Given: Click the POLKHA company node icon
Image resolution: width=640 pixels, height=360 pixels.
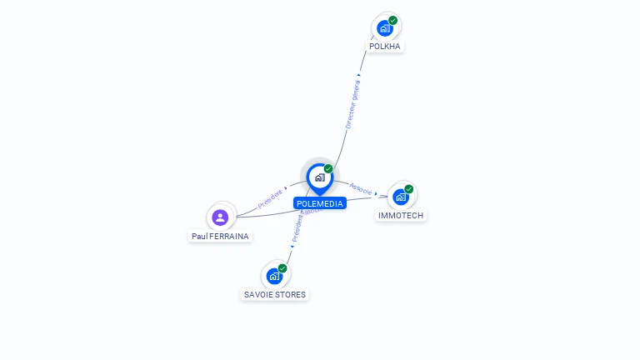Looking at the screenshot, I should [x=385, y=28].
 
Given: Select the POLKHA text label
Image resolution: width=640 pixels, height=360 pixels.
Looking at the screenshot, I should [x=386, y=47].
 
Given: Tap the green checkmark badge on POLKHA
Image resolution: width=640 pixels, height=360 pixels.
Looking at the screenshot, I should [x=393, y=21].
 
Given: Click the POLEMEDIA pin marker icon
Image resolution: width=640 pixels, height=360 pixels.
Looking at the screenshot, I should [x=319, y=177].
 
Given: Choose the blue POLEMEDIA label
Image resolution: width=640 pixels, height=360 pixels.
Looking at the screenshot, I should [x=319, y=203].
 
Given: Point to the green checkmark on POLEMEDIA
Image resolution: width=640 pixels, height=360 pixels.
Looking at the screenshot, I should [x=328, y=169].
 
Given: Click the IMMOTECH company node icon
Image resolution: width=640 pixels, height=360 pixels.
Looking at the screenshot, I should [x=401, y=197].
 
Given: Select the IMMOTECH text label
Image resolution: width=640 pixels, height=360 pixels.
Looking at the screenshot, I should [x=401, y=216].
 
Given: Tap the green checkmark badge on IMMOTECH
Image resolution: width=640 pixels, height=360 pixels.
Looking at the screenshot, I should [x=409, y=189].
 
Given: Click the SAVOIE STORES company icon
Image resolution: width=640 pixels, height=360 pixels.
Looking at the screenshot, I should [x=274, y=276].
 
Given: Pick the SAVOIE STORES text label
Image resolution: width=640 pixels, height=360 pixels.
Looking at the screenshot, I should [x=275, y=295].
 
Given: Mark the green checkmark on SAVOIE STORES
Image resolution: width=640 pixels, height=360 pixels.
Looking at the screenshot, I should [x=282, y=268].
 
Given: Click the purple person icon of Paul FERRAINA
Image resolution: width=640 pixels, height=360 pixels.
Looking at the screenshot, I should [x=220, y=217].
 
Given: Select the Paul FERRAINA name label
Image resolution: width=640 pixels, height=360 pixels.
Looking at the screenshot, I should [x=220, y=236].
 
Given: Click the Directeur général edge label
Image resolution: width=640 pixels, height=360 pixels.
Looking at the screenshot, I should [x=353, y=105].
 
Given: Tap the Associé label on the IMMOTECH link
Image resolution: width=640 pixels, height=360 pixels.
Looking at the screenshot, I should [x=360, y=188].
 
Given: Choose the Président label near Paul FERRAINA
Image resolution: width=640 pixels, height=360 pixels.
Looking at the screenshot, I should [x=270, y=197].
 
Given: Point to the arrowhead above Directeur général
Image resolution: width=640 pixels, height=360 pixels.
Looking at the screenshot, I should [x=359, y=75].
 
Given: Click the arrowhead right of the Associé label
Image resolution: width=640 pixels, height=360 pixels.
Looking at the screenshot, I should [x=377, y=193].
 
